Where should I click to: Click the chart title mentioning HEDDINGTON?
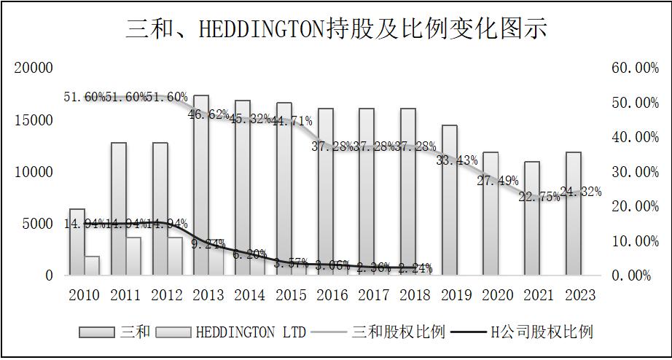(336, 28)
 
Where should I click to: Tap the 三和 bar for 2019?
(450, 200)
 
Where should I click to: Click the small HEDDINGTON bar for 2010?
(92, 266)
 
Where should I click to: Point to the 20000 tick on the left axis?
(34, 68)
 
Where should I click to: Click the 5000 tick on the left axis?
(38, 224)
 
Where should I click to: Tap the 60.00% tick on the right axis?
(635, 68)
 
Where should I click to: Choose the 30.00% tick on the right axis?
(635, 172)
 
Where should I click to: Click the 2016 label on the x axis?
(333, 295)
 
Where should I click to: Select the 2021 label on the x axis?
(540, 295)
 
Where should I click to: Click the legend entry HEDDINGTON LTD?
(233, 332)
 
